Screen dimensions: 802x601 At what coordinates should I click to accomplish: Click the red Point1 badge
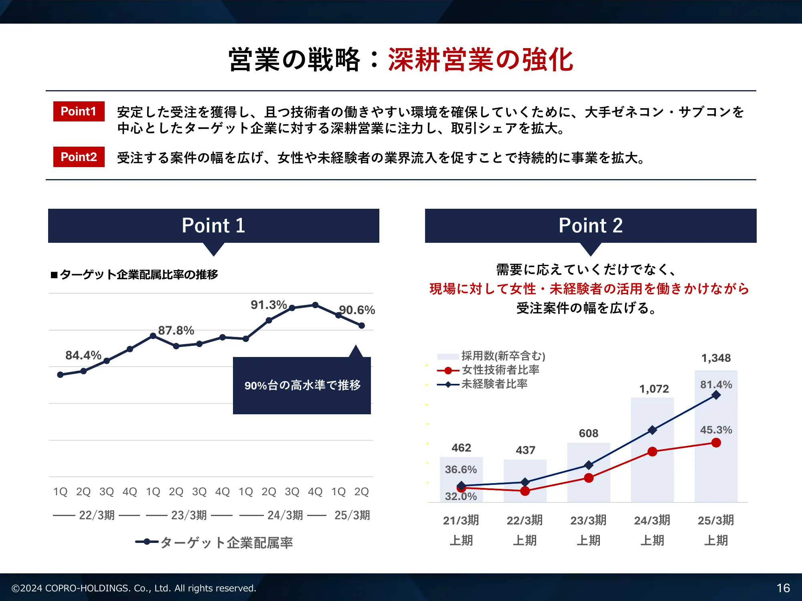(79, 111)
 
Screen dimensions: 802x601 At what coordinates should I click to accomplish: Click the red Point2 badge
(79, 157)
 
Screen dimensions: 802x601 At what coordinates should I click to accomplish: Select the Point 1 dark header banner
(214, 226)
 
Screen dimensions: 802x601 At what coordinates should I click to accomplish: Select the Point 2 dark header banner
(591, 226)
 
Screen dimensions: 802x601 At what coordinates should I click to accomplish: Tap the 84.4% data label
(83, 355)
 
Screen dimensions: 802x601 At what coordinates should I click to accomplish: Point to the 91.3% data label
(269, 305)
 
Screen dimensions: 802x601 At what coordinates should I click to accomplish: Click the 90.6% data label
(357, 310)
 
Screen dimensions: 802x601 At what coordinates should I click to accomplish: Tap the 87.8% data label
(176, 330)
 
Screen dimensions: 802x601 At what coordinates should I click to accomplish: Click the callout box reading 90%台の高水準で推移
(302, 385)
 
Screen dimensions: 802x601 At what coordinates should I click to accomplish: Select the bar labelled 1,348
(716, 436)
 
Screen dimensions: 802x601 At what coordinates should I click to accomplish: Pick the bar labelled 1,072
(652, 450)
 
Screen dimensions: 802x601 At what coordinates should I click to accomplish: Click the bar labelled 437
(525, 481)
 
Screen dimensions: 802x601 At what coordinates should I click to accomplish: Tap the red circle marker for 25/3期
(716, 443)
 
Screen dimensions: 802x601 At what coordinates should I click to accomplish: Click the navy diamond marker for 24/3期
(652, 430)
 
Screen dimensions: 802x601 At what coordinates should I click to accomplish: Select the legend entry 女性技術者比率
(488, 370)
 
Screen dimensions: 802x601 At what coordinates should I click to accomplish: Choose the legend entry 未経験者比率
(482, 384)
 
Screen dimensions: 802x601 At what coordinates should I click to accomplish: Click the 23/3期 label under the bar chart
(588, 520)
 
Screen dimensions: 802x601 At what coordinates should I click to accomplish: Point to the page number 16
(783, 588)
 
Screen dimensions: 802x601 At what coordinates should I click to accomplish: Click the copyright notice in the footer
(134, 588)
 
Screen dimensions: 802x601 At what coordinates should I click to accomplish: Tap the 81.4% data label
(716, 385)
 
